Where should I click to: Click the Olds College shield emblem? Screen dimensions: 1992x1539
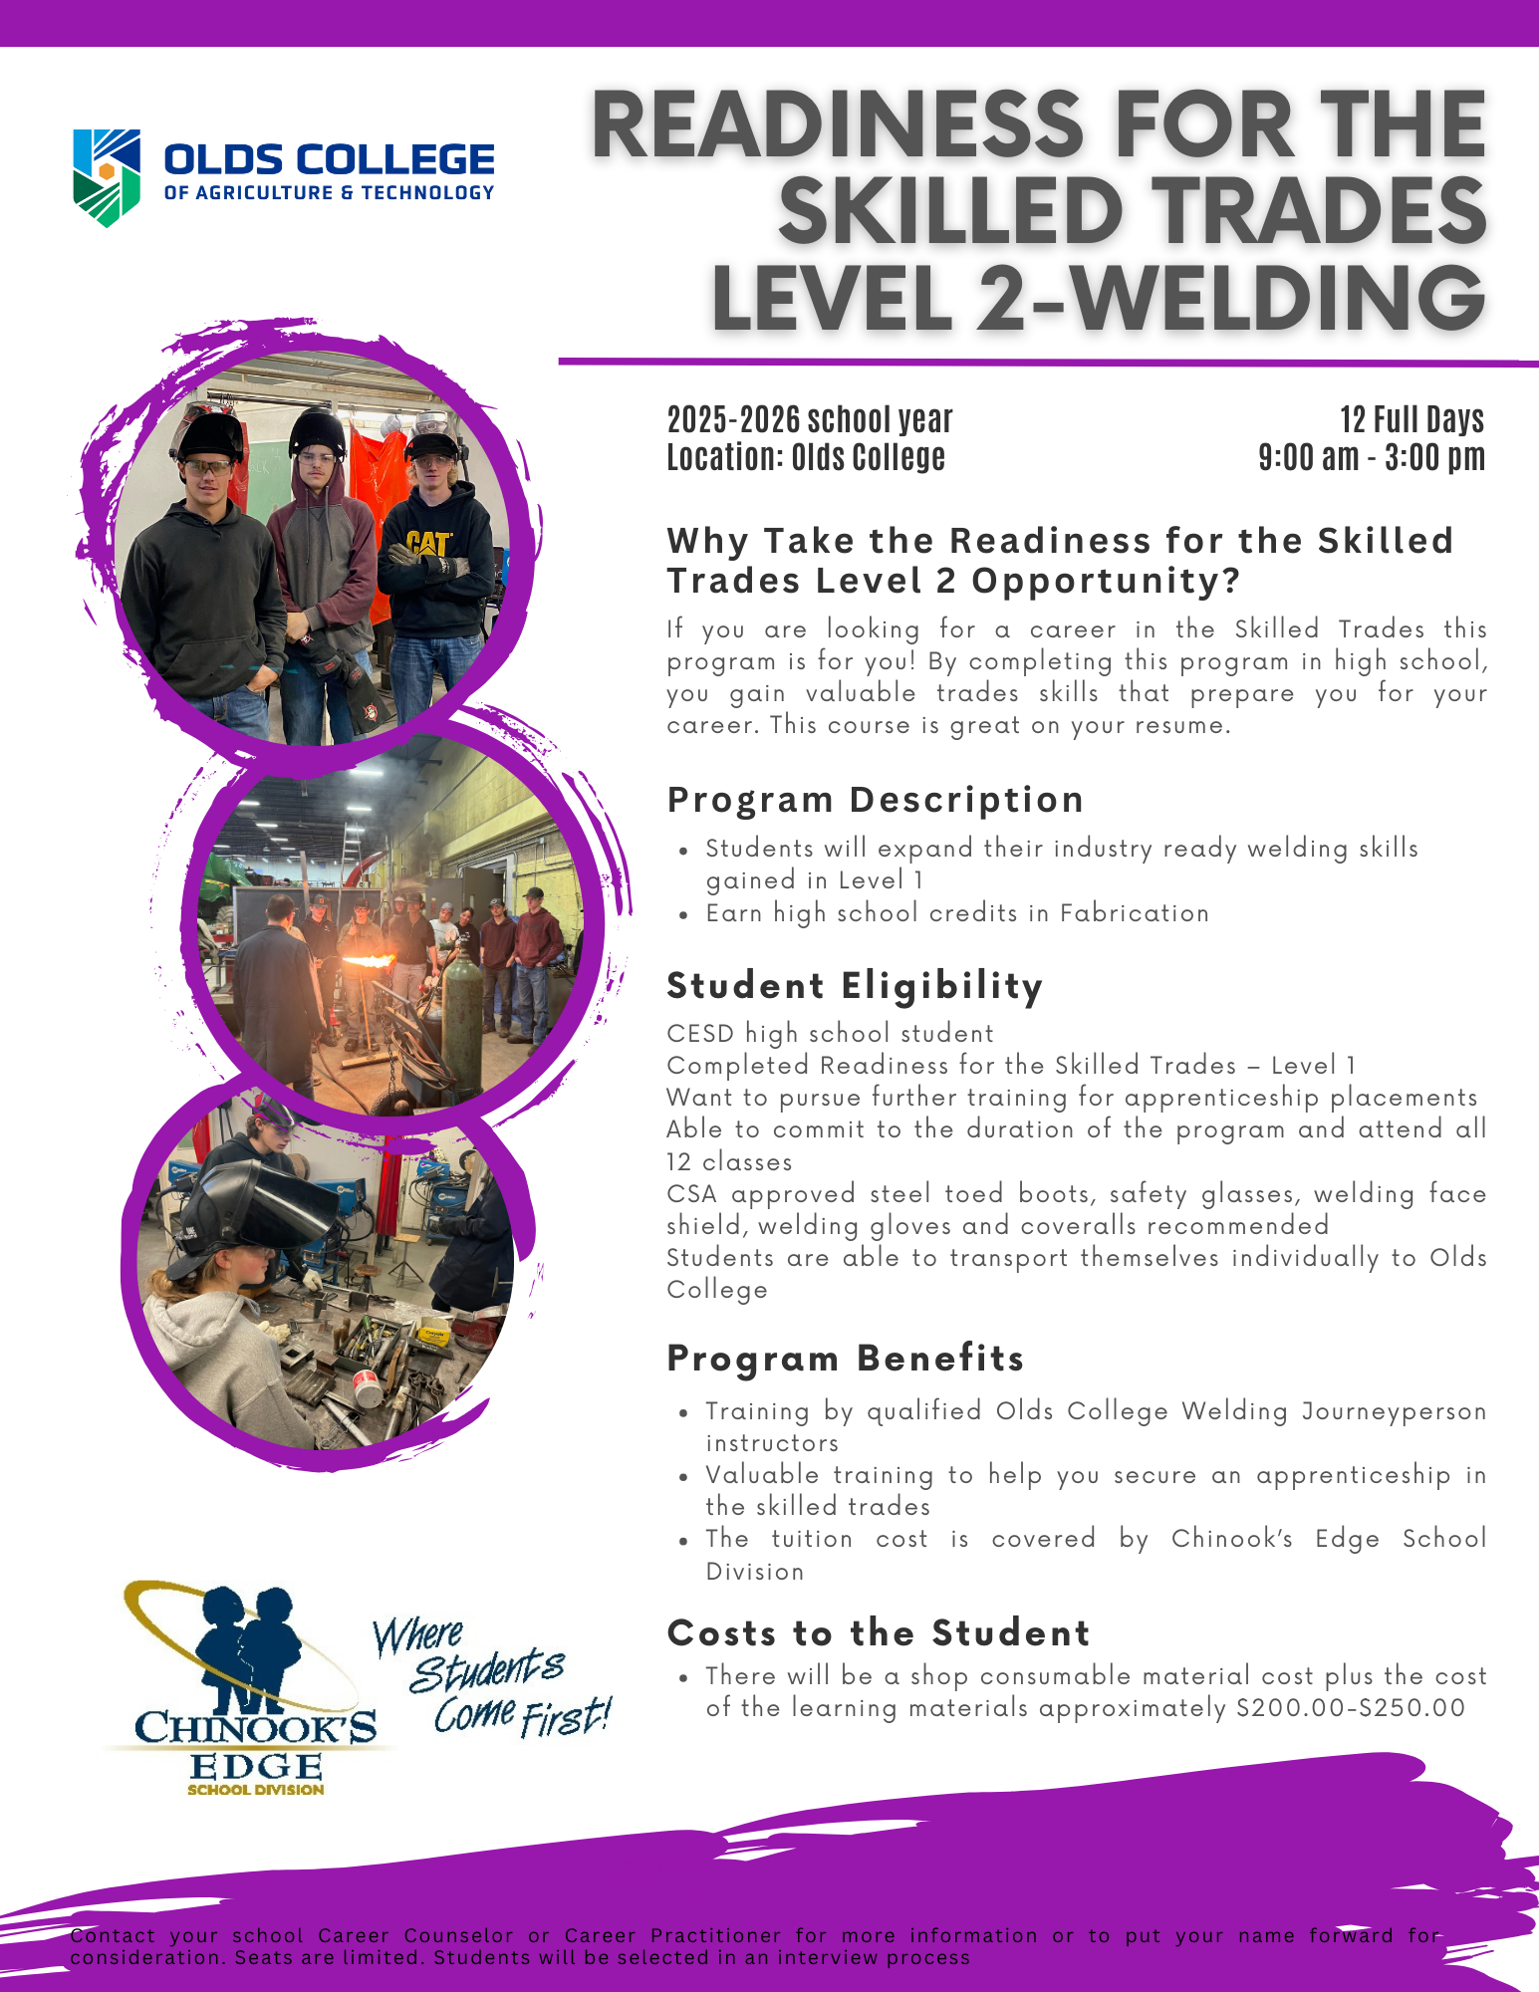pyautogui.click(x=107, y=177)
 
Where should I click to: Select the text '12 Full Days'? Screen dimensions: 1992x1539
pyautogui.click(x=1411, y=419)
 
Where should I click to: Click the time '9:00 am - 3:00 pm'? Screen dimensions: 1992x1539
pyautogui.click(x=1372, y=457)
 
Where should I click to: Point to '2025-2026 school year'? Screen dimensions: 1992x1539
pyautogui.click(x=809, y=419)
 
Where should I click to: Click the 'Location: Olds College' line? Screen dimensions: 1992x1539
pyautogui.click(x=805, y=457)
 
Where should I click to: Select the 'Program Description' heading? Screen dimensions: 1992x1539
pyautogui.click(x=875, y=800)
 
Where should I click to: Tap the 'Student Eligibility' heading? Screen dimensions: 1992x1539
pyautogui.click(x=854, y=985)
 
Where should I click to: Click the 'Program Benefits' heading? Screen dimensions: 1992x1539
pyautogui.click(x=845, y=1358)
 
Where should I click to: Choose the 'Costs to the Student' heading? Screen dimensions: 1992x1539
pyautogui.click(x=878, y=1632)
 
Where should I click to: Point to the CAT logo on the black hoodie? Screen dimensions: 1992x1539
pyautogui.click(x=428, y=543)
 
